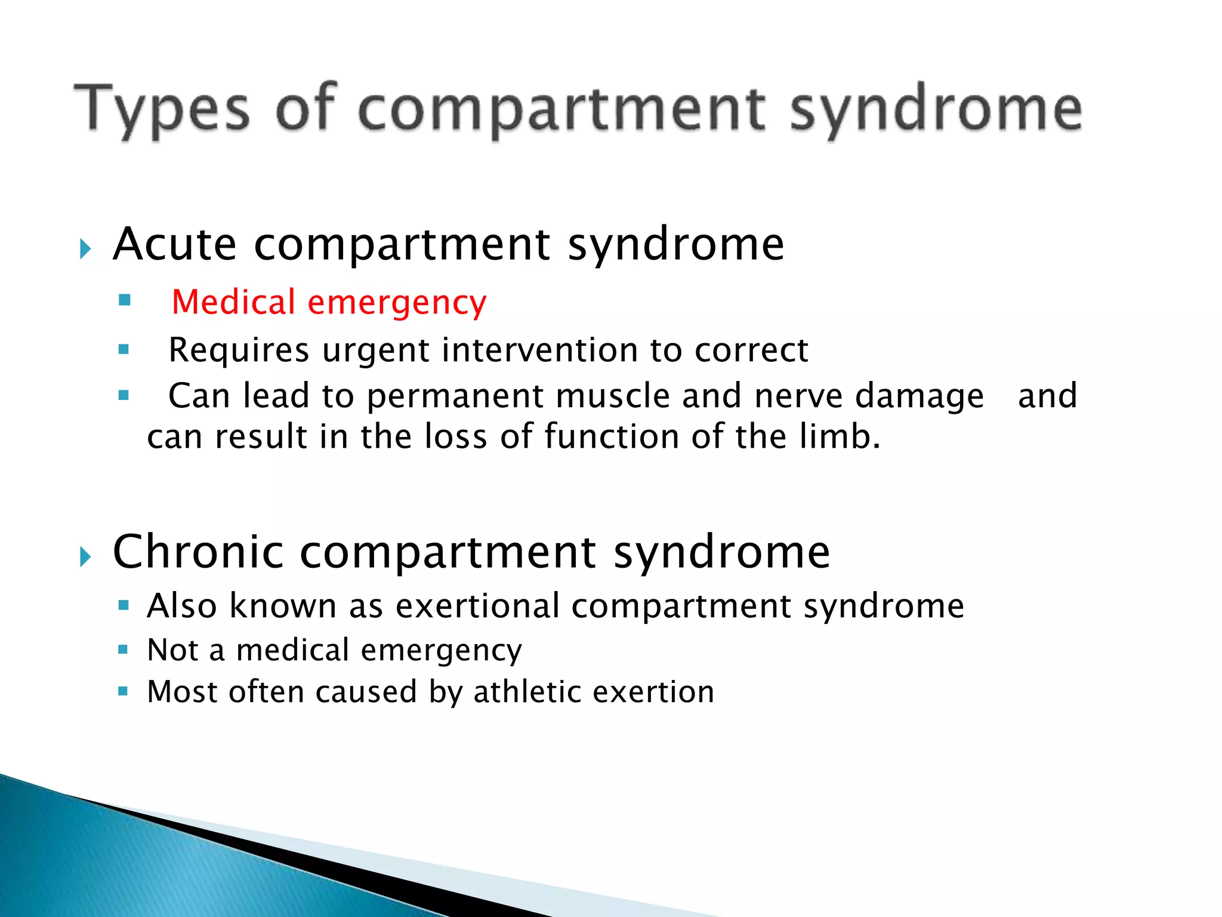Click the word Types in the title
click(x=161, y=109)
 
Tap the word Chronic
click(x=198, y=552)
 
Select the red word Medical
click(x=233, y=302)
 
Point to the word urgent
click(x=375, y=351)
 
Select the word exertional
click(x=477, y=606)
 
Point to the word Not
click(x=173, y=650)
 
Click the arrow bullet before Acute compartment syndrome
click(x=85, y=248)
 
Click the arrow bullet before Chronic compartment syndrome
click(x=85, y=556)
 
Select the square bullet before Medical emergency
click(x=125, y=300)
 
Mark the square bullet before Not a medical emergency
click(x=124, y=649)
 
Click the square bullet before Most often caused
click(x=124, y=691)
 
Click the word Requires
click(x=239, y=351)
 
